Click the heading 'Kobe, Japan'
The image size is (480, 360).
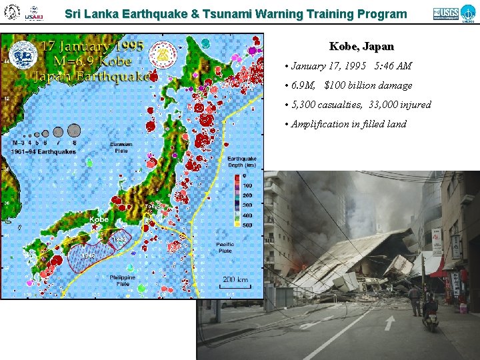point(361,47)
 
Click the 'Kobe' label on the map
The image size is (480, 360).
point(99,219)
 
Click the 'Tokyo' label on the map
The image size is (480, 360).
point(153,206)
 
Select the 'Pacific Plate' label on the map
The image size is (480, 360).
point(225,247)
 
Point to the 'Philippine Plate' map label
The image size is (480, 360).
point(122,281)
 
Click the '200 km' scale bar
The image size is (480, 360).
point(235,281)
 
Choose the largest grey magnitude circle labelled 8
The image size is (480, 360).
point(73,130)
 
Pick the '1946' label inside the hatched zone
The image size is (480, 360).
point(87,255)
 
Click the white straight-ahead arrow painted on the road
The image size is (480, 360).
point(389,322)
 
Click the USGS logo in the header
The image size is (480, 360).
point(445,13)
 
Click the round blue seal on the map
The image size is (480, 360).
point(23,55)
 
